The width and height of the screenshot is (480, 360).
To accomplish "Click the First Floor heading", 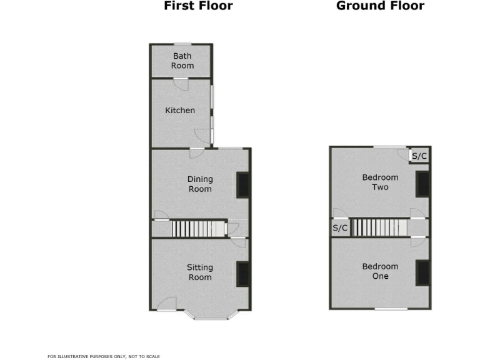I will pyautogui.click(x=198, y=6).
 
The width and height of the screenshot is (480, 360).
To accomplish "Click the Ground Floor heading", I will pyautogui.click(x=380, y=6).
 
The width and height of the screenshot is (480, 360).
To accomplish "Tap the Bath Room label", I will pyautogui.click(x=182, y=61).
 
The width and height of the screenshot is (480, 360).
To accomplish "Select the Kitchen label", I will pyautogui.click(x=180, y=111).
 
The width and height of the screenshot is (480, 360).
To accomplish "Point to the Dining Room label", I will pyautogui.click(x=200, y=184).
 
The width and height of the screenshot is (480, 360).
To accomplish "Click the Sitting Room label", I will pyautogui.click(x=199, y=272).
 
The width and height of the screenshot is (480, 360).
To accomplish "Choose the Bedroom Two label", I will pyautogui.click(x=380, y=182).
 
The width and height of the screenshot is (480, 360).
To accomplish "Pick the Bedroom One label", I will pyautogui.click(x=380, y=271).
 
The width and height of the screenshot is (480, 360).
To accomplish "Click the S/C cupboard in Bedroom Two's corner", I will pyautogui.click(x=419, y=155).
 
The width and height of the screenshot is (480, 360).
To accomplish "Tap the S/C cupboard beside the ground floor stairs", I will pyautogui.click(x=340, y=228).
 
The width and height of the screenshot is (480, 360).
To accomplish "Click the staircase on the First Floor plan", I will pyautogui.click(x=199, y=229).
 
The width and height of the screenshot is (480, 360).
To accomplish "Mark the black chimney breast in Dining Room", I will pyautogui.click(x=242, y=185).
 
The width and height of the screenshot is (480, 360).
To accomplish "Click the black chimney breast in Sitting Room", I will pyautogui.click(x=242, y=274).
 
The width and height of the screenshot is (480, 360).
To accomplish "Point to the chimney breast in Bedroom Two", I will pyautogui.click(x=423, y=184).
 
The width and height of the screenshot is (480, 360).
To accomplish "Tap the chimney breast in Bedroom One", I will pyautogui.click(x=423, y=272).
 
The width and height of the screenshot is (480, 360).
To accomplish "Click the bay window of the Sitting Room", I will pyautogui.click(x=211, y=317).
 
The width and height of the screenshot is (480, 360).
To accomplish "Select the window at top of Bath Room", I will pyautogui.click(x=182, y=44).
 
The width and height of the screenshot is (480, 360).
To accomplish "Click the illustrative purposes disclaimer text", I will pyautogui.click(x=104, y=356).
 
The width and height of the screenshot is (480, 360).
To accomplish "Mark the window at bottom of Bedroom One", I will pyautogui.click(x=391, y=309).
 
